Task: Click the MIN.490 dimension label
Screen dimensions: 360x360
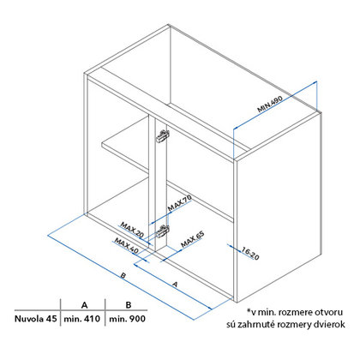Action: [x=270, y=104]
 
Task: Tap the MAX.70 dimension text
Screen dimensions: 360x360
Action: [x=179, y=203]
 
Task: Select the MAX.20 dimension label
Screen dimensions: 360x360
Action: [x=132, y=230]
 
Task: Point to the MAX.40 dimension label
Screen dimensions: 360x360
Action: [x=126, y=245]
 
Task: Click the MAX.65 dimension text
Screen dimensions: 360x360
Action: [x=193, y=239]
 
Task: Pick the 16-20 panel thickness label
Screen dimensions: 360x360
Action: [x=250, y=254]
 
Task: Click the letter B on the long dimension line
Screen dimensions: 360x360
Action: [x=123, y=275]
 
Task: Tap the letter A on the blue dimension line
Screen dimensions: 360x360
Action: [x=175, y=285]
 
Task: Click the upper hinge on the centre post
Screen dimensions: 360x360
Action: [x=162, y=135]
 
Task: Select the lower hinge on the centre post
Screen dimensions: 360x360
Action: [x=162, y=231]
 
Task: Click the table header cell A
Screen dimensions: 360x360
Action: [x=84, y=305]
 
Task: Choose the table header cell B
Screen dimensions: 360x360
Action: [x=129, y=305]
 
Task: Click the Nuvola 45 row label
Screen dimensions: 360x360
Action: [x=36, y=319]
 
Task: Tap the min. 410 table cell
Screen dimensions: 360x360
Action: [x=82, y=319]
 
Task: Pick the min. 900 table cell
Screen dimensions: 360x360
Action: [x=127, y=319]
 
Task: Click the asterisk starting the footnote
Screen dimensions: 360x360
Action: [x=249, y=310]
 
